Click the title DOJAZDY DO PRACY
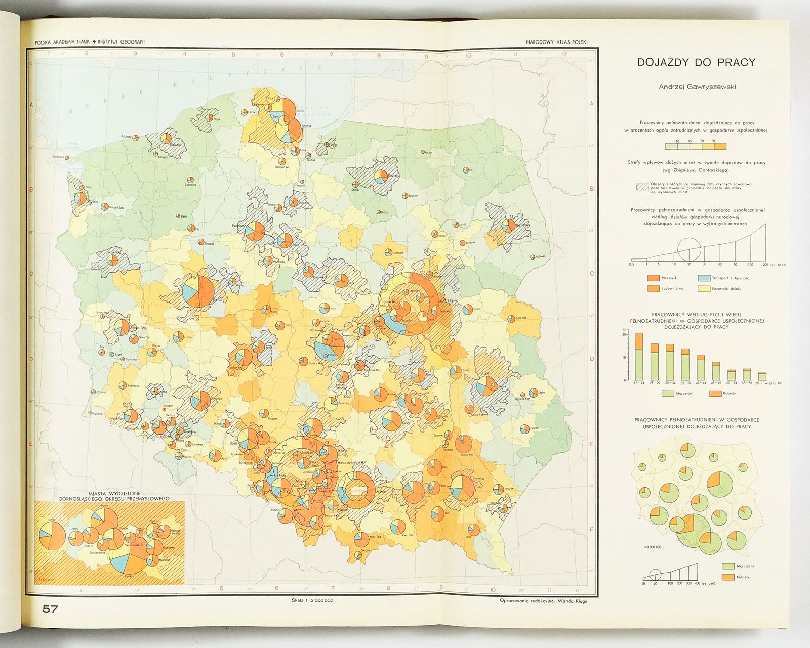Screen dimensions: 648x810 point(697,63)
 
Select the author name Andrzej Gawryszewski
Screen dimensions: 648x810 point(697,87)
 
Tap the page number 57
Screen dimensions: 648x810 point(50,609)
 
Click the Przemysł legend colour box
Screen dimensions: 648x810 point(653,278)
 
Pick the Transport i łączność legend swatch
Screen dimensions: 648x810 point(704,278)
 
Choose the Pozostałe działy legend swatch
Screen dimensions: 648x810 point(704,288)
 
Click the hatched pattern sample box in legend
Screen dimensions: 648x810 point(642,187)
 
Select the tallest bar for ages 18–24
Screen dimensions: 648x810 point(639,357)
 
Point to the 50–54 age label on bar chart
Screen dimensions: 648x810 point(732,383)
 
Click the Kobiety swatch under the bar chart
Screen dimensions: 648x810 point(715,393)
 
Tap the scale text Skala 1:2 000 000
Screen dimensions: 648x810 point(309,601)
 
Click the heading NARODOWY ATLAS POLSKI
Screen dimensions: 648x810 point(556,42)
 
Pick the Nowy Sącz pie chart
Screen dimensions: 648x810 point(398,526)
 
